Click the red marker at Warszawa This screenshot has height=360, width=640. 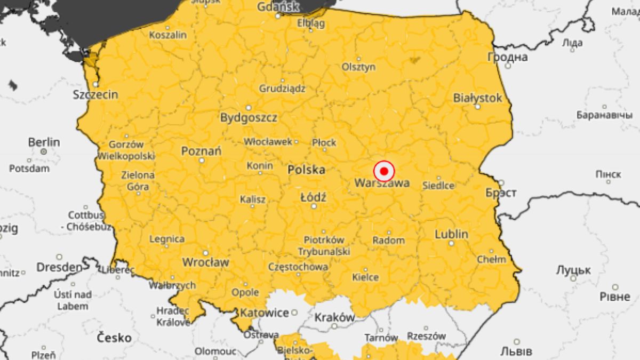tap(383, 171)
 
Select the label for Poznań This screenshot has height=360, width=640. tap(201, 151)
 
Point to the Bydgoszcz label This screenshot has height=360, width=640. tap(249, 118)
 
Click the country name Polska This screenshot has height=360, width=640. tap(306, 170)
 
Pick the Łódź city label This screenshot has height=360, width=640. tap(313, 197)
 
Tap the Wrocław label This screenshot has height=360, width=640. tap(205, 262)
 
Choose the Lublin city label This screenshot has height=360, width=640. tap(451, 234)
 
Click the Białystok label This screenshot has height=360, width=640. tap(477, 98)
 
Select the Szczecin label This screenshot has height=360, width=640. tap(95, 95)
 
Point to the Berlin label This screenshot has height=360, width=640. tap(44, 142)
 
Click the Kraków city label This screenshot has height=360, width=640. tap(334, 317)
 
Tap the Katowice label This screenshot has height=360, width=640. tap(265, 313)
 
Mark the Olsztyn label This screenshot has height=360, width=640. tap(358, 67)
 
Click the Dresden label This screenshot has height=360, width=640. tap(59, 267)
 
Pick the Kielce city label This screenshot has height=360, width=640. tap(365, 277)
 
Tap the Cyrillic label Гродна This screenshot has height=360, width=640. tap(507, 57)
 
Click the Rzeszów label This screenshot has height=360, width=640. tap(426, 336)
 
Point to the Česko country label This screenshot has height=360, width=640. tap(114, 337)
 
